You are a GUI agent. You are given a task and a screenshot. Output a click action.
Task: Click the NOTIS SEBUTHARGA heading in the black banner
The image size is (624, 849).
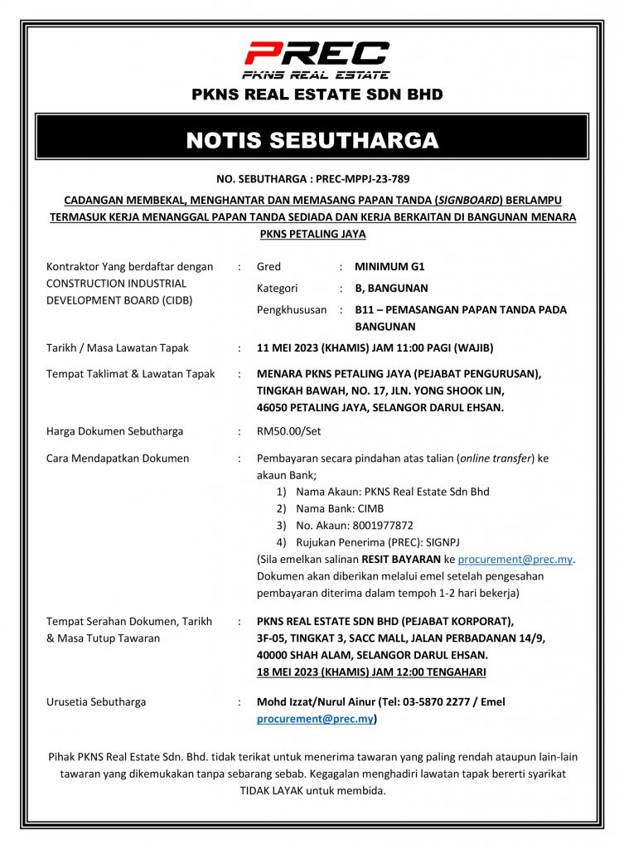click(312, 140)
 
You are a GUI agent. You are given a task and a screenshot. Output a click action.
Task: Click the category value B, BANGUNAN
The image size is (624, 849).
click(391, 289)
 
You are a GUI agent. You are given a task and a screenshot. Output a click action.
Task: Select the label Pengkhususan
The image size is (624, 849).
click(290, 310)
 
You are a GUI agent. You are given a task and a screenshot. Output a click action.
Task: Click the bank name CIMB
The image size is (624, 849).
click(370, 508)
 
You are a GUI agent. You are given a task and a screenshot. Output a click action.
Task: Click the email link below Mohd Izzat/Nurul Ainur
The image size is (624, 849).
click(315, 719)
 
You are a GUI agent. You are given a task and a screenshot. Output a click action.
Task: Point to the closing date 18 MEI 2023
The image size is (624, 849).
click(290, 672)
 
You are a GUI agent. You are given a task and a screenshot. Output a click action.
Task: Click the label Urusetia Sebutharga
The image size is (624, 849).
click(96, 702)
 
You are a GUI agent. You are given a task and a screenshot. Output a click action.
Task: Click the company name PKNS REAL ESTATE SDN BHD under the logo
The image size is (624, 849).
click(317, 95)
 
